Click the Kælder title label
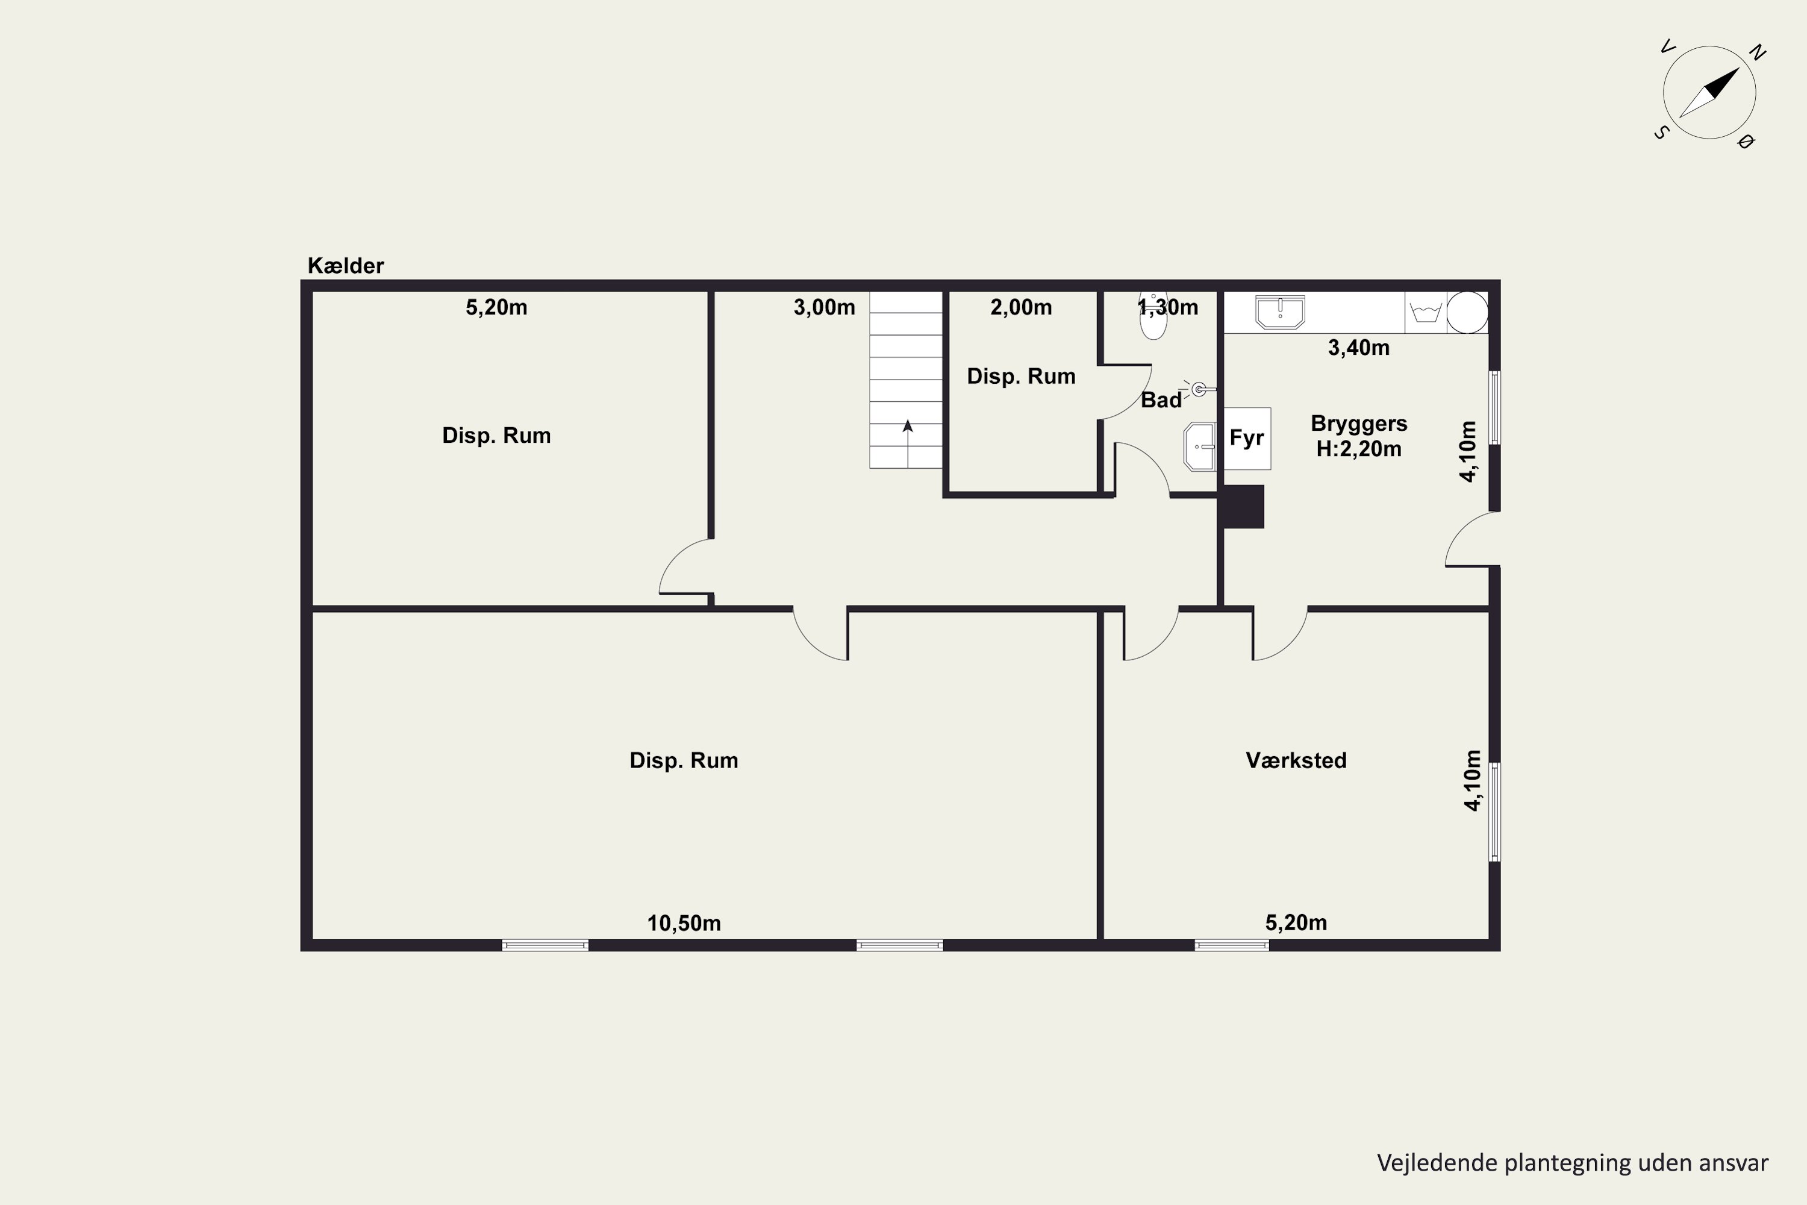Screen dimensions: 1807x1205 [346, 266]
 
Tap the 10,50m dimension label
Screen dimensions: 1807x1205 [684, 923]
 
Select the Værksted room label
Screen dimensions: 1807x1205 [1296, 760]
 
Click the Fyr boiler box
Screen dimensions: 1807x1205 [1247, 438]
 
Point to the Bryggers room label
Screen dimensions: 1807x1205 [1359, 424]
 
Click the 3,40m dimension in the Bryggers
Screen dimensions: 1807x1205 [1359, 348]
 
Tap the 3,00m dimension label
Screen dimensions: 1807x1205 [825, 307]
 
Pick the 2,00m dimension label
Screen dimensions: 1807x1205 [1021, 307]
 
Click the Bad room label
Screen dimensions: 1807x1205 [1161, 399]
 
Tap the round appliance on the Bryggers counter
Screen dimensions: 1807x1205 [1467, 312]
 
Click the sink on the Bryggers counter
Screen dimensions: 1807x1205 [1280, 312]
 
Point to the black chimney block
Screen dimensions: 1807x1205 [1241, 507]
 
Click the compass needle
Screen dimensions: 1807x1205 [1709, 93]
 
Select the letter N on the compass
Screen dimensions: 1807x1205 [1757, 52]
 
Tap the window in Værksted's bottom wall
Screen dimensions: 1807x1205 [1232, 945]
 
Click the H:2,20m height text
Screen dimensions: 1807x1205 [1359, 449]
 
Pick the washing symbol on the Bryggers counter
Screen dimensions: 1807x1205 [1426, 313]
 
